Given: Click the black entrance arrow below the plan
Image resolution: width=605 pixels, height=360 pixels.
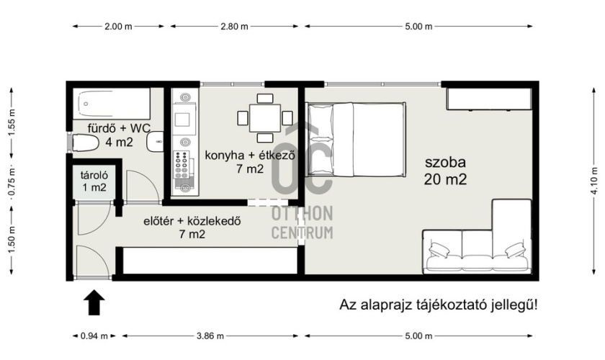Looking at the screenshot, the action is pyautogui.click(x=94, y=302).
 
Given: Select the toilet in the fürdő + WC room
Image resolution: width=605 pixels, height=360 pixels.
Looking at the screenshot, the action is pyautogui.click(x=85, y=143).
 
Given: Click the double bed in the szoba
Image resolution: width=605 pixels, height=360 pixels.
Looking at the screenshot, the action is pyautogui.click(x=355, y=139).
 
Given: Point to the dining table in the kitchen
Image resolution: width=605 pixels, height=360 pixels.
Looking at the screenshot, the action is pyautogui.click(x=265, y=118).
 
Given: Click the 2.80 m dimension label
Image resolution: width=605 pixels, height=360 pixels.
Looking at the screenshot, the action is pyautogui.click(x=234, y=27).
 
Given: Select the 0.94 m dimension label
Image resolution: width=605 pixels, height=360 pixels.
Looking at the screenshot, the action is pyautogui.click(x=94, y=336).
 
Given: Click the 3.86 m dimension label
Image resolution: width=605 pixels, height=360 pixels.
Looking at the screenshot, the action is pyautogui.click(x=210, y=336).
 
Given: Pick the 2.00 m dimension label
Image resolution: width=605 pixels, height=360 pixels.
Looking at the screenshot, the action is pyautogui.click(x=118, y=27).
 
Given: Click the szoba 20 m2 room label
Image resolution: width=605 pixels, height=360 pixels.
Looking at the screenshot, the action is pyautogui.click(x=445, y=171).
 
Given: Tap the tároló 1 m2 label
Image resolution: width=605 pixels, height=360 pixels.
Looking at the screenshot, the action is pyautogui.click(x=94, y=181).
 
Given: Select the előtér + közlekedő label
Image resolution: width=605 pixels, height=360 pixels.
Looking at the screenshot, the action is pyautogui.click(x=192, y=222).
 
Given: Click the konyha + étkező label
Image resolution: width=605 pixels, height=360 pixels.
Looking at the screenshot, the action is pyautogui.click(x=250, y=156).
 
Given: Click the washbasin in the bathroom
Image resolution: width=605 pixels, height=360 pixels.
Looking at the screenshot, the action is pyautogui.click(x=155, y=142).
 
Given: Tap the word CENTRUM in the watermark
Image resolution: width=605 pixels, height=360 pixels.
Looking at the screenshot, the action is pyautogui.click(x=302, y=233).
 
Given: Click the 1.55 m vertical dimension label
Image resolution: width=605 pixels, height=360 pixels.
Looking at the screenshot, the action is pyautogui.click(x=12, y=122).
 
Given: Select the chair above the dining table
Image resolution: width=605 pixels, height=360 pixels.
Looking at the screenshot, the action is pyautogui.click(x=265, y=99).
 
